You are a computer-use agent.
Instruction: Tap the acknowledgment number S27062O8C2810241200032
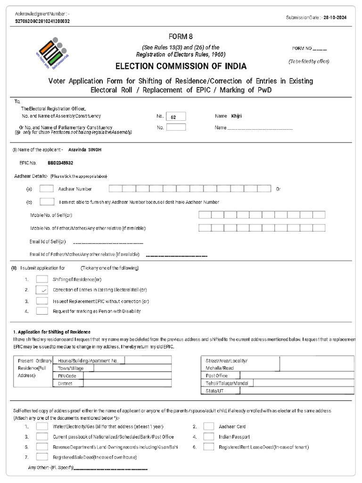click(x=43, y=21)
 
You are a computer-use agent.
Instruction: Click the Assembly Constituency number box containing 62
click(x=176, y=117)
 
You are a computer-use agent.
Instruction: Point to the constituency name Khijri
click(x=237, y=116)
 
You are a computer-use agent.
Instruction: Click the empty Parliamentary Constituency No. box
click(x=176, y=127)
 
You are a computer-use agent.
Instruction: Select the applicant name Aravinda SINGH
click(x=85, y=150)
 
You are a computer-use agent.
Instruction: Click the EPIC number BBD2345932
click(x=60, y=163)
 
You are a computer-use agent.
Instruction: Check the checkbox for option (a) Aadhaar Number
click(x=46, y=189)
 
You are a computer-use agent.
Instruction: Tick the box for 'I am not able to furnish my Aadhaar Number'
click(x=46, y=202)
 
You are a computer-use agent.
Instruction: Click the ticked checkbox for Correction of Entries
click(x=42, y=290)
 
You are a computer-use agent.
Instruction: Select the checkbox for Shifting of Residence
click(x=42, y=280)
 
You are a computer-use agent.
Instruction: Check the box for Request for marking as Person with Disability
click(x=42, y=311)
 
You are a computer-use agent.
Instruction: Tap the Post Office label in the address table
click(x=217, y=376)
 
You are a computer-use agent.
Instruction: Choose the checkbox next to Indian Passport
click(x=209, y=437)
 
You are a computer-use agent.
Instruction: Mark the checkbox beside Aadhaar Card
click(x=209, y=426)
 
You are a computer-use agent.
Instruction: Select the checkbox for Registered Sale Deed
click(x=42, y=457)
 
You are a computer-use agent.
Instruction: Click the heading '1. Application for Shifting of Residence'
click(x=51, y=332)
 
